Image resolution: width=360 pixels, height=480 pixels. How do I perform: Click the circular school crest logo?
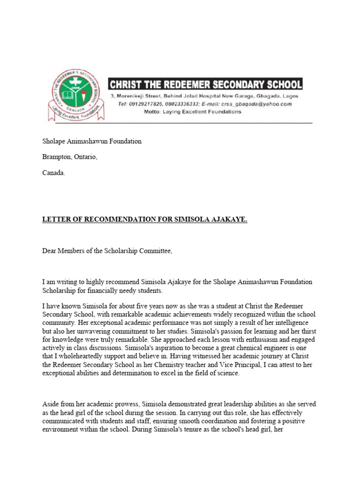point(75,95)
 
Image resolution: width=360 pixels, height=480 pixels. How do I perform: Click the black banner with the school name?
point(205,84)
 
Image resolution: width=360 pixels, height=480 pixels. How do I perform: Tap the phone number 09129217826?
point(144,104)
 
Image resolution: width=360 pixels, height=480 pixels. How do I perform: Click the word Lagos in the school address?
point(290,96)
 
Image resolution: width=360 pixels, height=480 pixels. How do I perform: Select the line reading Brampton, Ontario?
point(70,157)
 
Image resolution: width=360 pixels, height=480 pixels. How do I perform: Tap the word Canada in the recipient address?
point(53,172)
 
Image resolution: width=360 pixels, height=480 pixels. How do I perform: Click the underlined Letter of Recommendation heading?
point(145,219)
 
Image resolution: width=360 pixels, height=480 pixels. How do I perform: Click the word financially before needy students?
point(91,291)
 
